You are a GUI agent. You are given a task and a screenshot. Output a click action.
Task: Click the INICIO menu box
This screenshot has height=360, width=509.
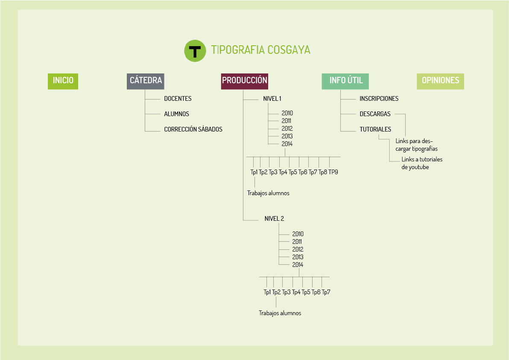point(63,80)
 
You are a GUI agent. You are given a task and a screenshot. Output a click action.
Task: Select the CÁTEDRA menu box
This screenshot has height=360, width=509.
point(146,80)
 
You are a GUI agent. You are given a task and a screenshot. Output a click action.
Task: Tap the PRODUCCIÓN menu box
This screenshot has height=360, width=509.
point(245,80)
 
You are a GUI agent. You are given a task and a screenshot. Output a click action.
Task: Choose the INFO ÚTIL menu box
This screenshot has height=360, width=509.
point(345,80)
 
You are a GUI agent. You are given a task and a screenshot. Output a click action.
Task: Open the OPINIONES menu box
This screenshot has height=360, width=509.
point(440,80)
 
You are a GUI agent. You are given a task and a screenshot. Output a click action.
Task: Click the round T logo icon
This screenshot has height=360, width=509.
point(195,51)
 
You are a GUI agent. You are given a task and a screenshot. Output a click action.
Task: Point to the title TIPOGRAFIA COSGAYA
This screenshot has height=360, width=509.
point(260,50)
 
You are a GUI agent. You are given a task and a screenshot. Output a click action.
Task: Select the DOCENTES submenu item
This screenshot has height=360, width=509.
point(178,99)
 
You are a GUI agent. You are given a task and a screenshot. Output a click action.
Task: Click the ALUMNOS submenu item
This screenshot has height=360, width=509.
point(176,114)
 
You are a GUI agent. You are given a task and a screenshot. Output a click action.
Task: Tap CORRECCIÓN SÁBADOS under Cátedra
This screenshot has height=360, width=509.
point(193,129)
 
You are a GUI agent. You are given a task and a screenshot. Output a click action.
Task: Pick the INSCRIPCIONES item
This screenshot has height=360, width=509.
point(379,99)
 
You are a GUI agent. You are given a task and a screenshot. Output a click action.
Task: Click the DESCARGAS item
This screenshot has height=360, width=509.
point(375,114)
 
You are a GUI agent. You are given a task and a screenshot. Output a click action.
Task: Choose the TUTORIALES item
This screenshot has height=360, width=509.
point(375,129)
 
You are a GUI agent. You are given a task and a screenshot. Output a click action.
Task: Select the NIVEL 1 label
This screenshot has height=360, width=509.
point(272,99)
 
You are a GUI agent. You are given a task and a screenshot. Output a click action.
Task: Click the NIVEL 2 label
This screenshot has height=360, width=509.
point(274,219)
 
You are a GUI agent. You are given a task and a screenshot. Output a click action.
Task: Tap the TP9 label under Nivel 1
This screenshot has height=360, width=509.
point(333,172)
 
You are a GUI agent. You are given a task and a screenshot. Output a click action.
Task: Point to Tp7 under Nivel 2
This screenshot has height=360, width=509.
point(326,292)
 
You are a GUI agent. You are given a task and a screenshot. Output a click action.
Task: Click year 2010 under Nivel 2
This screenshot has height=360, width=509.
point(298,234)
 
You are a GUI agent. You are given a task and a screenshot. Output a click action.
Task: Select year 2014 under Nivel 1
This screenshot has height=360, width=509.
point(287,144)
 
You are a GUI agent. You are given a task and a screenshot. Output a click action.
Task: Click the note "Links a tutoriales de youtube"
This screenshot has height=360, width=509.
point(421,163)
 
